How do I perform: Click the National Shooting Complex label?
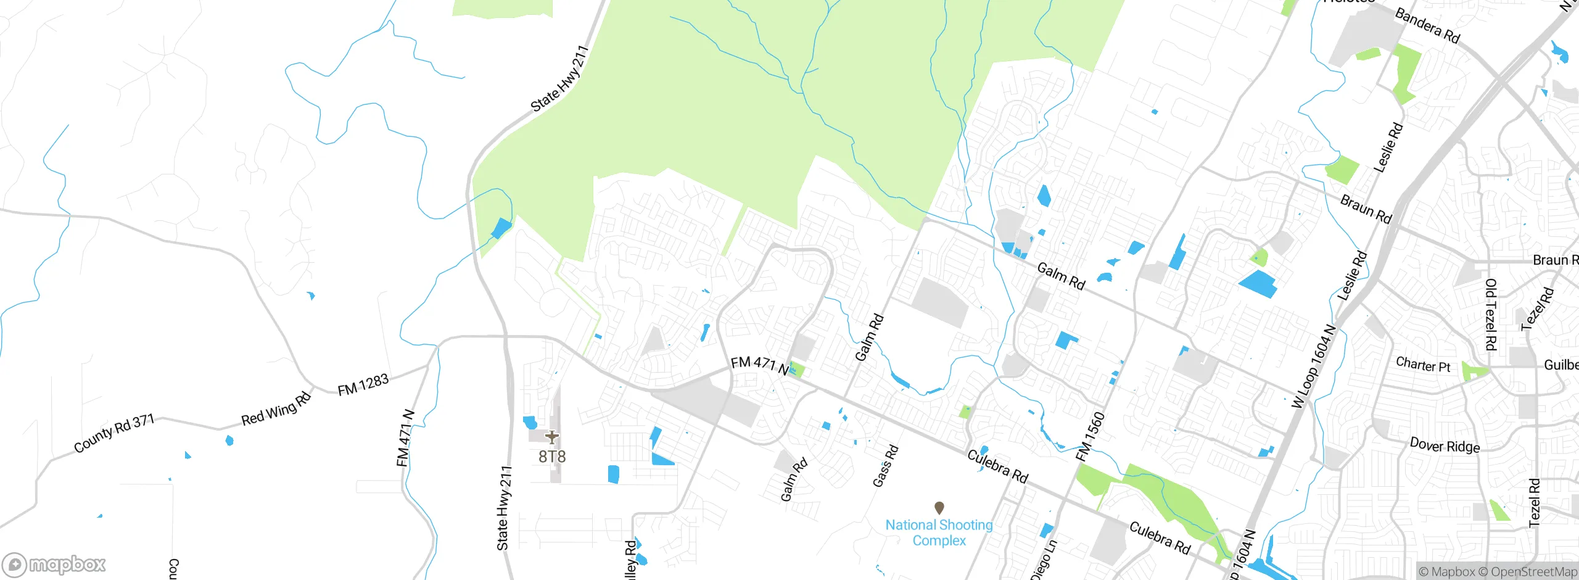(939, 532)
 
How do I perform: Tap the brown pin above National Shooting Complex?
(939, 508)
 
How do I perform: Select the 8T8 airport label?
(552, 457)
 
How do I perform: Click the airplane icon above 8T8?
(552, 437)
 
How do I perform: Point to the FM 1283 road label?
(363, 385)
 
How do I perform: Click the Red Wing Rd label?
(276, 409)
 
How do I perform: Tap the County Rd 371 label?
(114, 433)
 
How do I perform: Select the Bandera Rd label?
(1427, 26)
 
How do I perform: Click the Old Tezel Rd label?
(1490, 314)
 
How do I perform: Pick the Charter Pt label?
(1423, 365)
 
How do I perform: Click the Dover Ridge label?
(1445, 445)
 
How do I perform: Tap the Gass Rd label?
(885, 466)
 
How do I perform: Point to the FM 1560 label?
(1090, 437)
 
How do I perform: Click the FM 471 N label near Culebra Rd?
(759, 365)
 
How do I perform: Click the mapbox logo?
(54, 564)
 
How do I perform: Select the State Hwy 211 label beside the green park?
(559, 79)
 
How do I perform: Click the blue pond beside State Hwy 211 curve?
(501, 228)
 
